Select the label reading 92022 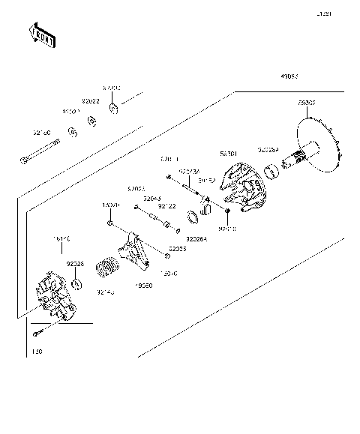91,100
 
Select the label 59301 229,153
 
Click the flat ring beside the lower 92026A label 191,218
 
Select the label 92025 177,248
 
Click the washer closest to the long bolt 73,133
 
